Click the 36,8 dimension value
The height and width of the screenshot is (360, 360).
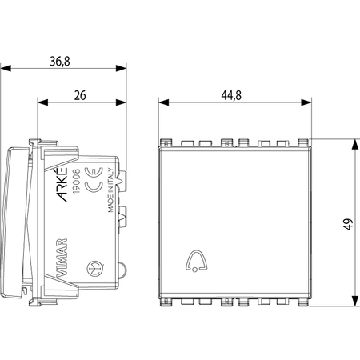click(x=60, y=62)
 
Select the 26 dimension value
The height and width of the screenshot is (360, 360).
click(x=80, y=95)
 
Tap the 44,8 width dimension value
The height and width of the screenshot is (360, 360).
click(x=231, y=95)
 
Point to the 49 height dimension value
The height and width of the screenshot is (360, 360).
click(x=348, y=224)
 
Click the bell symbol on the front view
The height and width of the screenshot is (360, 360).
click(x=196, y=261)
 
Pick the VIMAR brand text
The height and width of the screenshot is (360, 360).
click(x=62, y=257)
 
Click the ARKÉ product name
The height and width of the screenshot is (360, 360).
click(x=62, y=185)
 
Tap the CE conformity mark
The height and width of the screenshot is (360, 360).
click(x=94, y=180)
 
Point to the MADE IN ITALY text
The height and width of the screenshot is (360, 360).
click(x=110, y=190)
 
